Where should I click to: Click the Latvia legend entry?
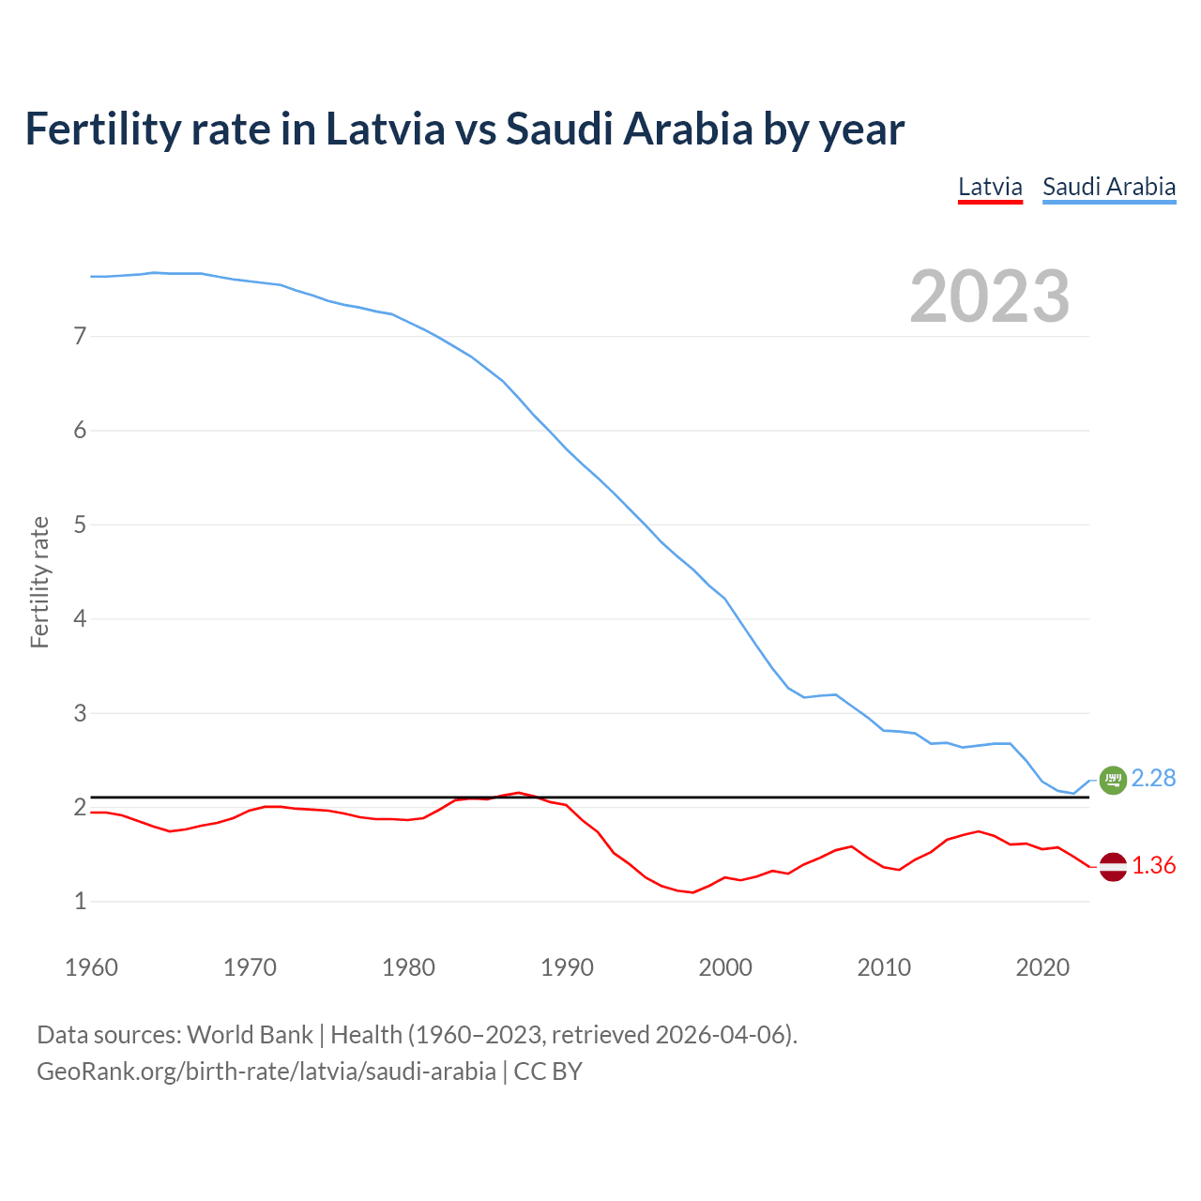tap(990, 187)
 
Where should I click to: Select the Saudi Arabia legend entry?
tap(1109, 187)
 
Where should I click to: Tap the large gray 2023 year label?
tap(990, 296)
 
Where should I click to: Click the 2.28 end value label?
tap(1153, 779)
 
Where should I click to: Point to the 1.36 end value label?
tap(1153, 865)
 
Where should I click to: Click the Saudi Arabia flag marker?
tap(1113, 780)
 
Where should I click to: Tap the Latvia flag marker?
tap(1113, 867)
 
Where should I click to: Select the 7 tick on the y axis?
tap(80, 336)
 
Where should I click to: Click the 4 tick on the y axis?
tap(80, 619)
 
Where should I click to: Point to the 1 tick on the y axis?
tap(80, 902)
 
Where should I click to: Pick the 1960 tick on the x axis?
tap(91, 967)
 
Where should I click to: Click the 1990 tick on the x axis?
tap(567, 967)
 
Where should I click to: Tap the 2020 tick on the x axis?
tap(1042, 967)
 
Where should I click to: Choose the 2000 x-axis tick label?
tap(725, 967)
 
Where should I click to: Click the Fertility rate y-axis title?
tap(39, 582)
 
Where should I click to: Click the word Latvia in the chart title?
tap(385, 129)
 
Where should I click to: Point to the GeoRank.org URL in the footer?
tap(266, 1072)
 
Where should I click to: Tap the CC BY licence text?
tap(548, 1072)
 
